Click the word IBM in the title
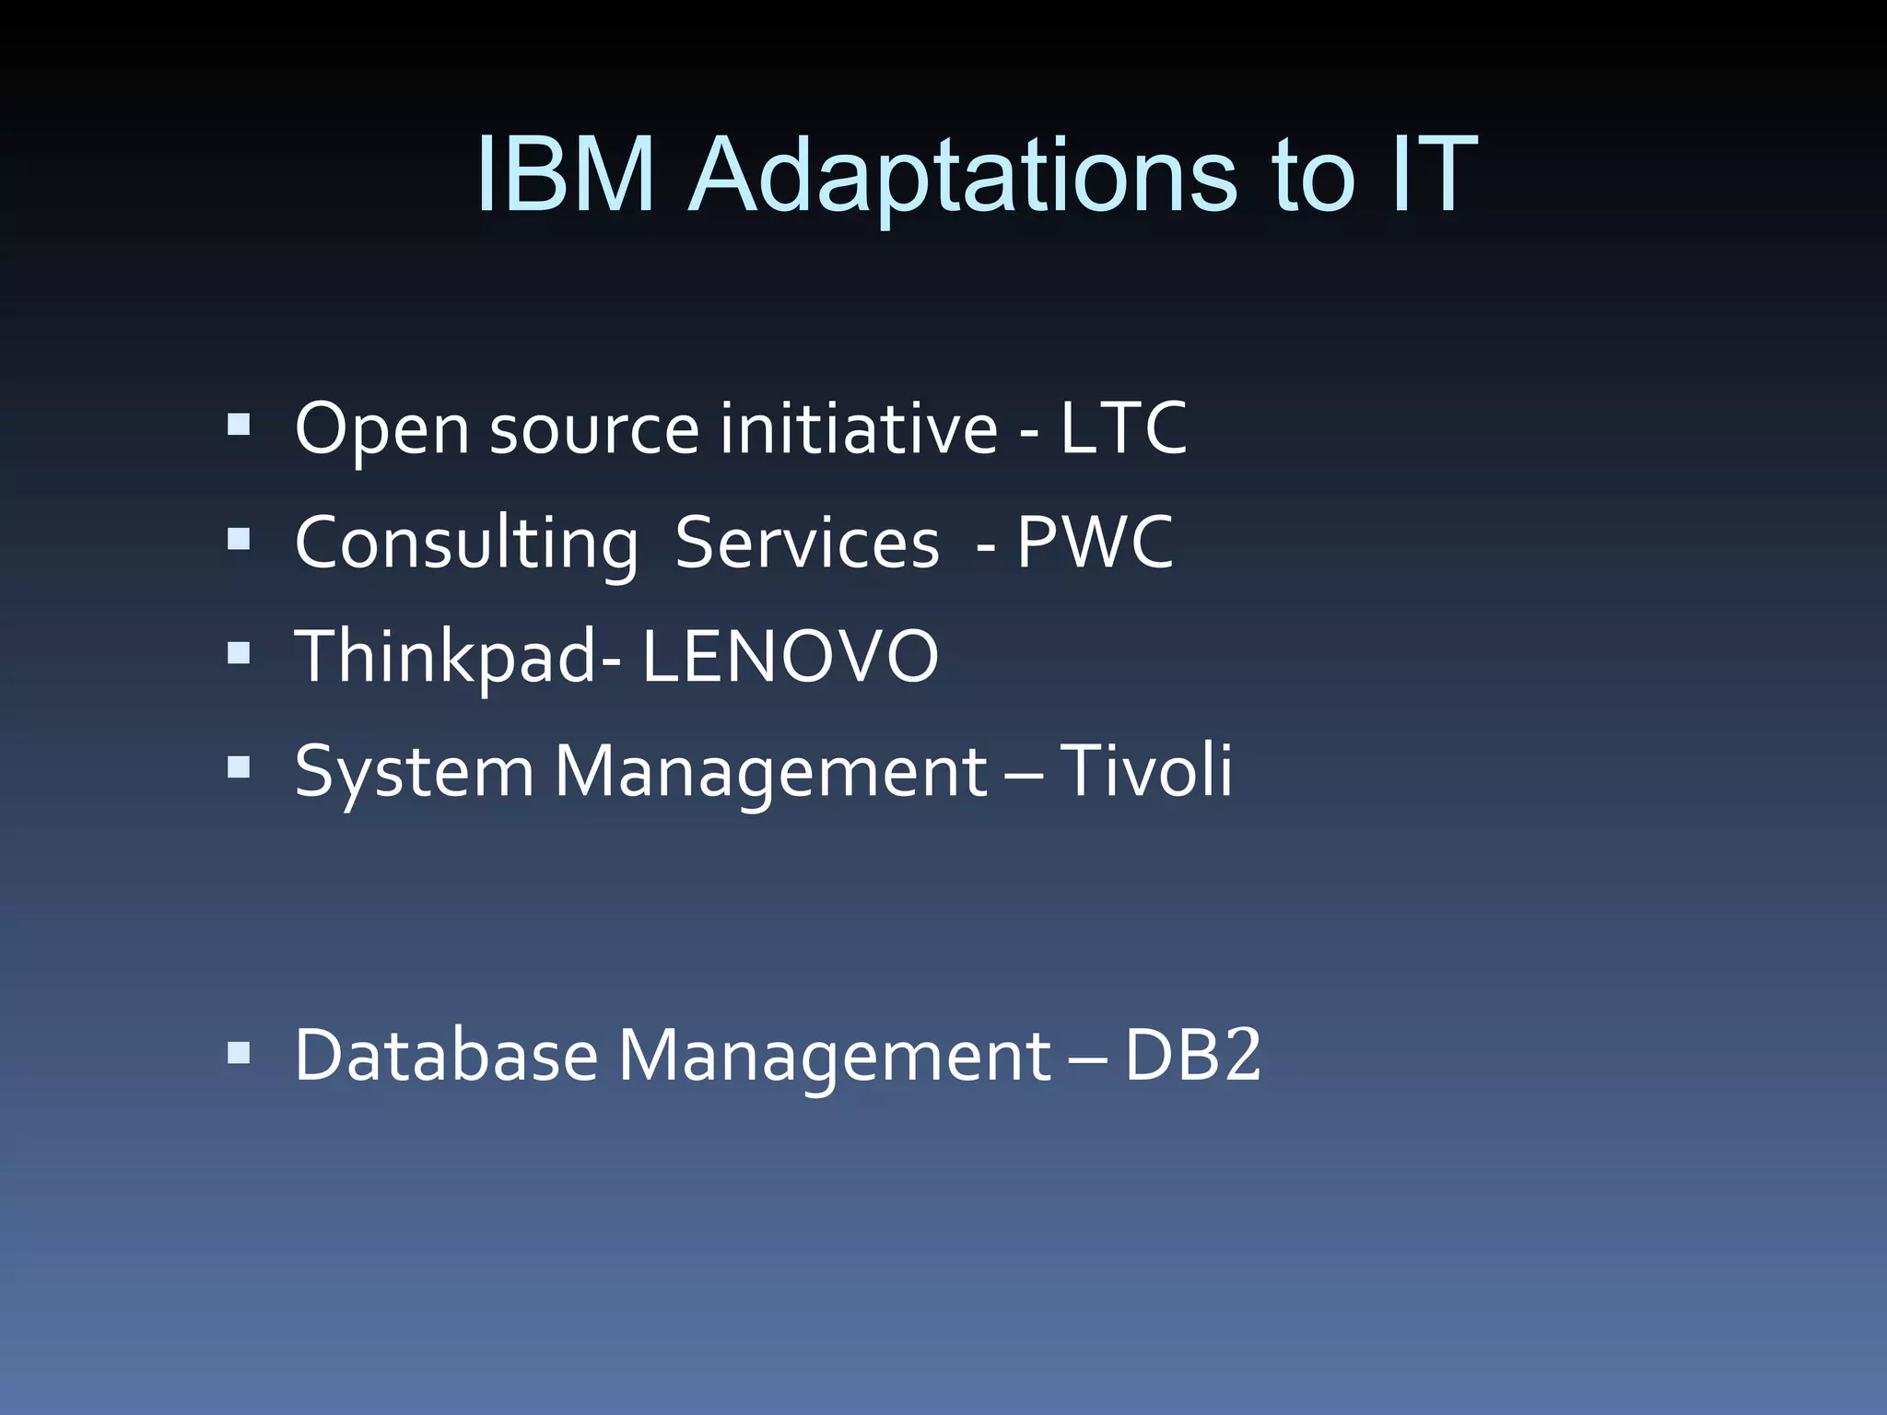tap(565, 175)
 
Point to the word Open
tap(382, 429)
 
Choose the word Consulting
tap(466, 544)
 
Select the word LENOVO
tap(790, 656)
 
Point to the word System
tap(414, 772)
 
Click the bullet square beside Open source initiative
tap(239, 424)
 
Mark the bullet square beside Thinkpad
tap(239, 652)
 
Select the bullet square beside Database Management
tap(239, 1052)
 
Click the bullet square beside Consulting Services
tap(239, 538)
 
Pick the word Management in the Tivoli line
tap(770, 772)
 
